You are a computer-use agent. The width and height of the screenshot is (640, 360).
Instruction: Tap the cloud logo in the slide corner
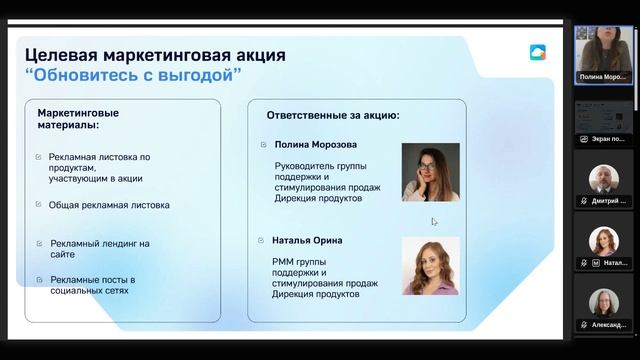pos(538,52)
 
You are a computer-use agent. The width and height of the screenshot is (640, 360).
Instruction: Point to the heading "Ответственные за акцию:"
pos(333,116)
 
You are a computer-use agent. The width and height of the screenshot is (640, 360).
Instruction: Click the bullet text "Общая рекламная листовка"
pos(109,205)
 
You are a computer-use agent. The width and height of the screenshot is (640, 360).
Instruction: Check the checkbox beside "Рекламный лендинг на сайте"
pos(39,243)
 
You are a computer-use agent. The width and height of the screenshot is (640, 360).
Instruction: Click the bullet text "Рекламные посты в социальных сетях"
pos(92,285)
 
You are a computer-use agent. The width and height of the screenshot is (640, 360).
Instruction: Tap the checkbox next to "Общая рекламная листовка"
pos(39,205)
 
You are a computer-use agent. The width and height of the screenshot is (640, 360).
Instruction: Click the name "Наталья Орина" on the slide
pos(307,240)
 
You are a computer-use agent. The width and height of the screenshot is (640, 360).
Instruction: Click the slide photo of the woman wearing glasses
pos(430,172)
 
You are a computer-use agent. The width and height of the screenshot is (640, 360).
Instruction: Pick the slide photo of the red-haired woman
pos(430,265)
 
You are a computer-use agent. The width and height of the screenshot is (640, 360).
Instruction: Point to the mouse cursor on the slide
pos(434,222)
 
